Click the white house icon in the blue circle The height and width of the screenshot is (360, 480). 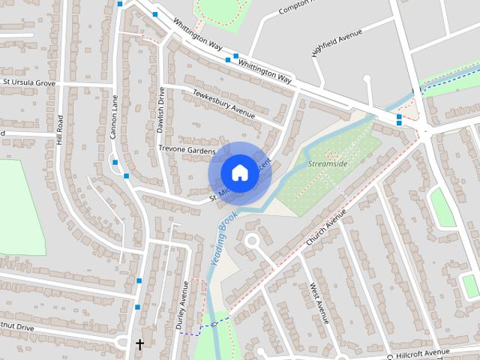(x=239, y=172)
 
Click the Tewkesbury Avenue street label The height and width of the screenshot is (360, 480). (x=223, y=104)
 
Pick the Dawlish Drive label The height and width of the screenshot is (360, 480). (x=160, y=110)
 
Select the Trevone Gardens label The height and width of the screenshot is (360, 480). (x=186, y=150)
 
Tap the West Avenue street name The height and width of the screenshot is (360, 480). (x=319, y=302)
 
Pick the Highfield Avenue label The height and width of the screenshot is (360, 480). (x=337, y=43)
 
